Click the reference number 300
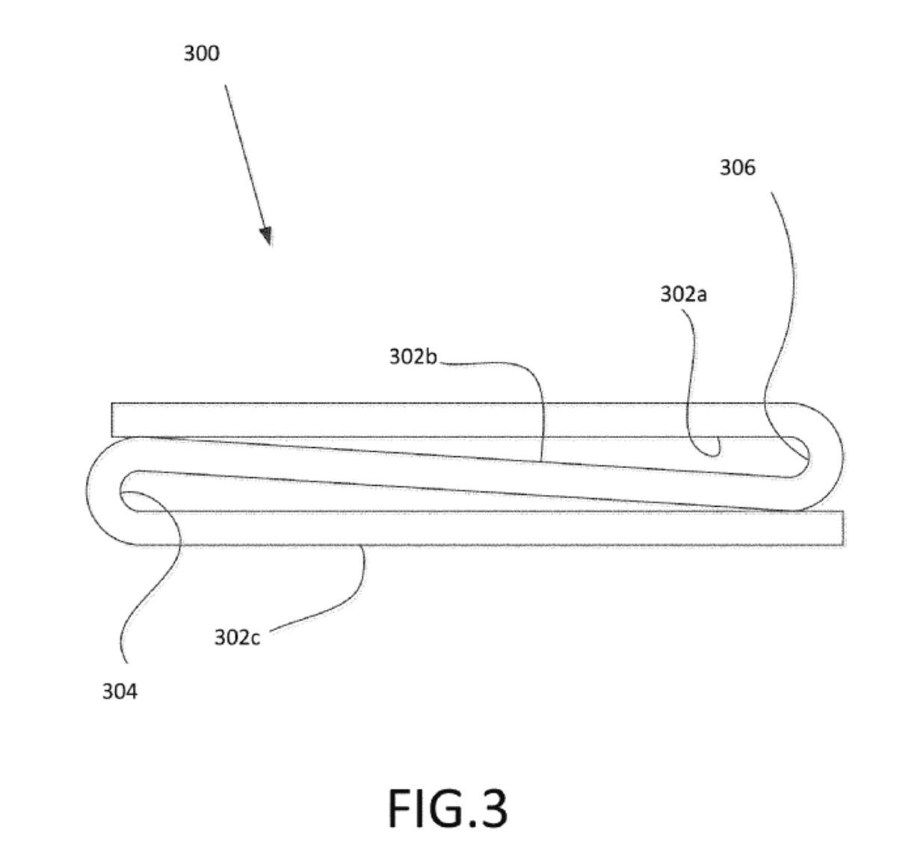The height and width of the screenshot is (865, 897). (201, 54)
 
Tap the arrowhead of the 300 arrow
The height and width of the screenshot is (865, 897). (266, 236)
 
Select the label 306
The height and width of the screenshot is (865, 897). (737, 168)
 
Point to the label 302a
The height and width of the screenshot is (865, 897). (683, 295)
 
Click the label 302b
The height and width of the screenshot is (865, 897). (413, 357)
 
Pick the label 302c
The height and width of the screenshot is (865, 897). (237, 638)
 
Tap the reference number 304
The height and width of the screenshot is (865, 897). (120, 692)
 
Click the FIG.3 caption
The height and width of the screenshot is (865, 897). (448, 808)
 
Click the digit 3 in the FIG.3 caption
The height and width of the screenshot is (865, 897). (491, 809)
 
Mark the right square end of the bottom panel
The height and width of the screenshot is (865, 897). (842, 528)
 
